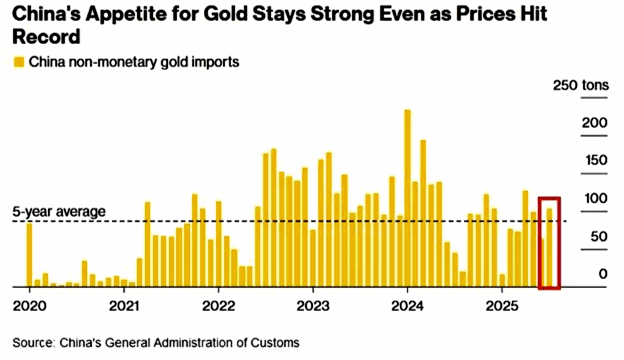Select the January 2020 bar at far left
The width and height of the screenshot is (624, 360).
(x=29, y=255)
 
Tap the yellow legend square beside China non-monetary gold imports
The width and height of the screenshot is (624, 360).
(x=19, y=62)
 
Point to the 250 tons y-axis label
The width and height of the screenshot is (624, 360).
(x=581, y=86)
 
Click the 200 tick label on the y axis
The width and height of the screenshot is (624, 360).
(x=595, y=123)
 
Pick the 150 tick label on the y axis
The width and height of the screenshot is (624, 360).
(x=595, y=161)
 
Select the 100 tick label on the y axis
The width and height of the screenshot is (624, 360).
(x=595, y=199)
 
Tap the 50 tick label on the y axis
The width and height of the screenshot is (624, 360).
(x=599, y=236)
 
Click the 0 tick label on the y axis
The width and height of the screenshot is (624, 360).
(x=603, y=274)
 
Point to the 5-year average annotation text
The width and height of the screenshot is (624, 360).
(x=59, y=211)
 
